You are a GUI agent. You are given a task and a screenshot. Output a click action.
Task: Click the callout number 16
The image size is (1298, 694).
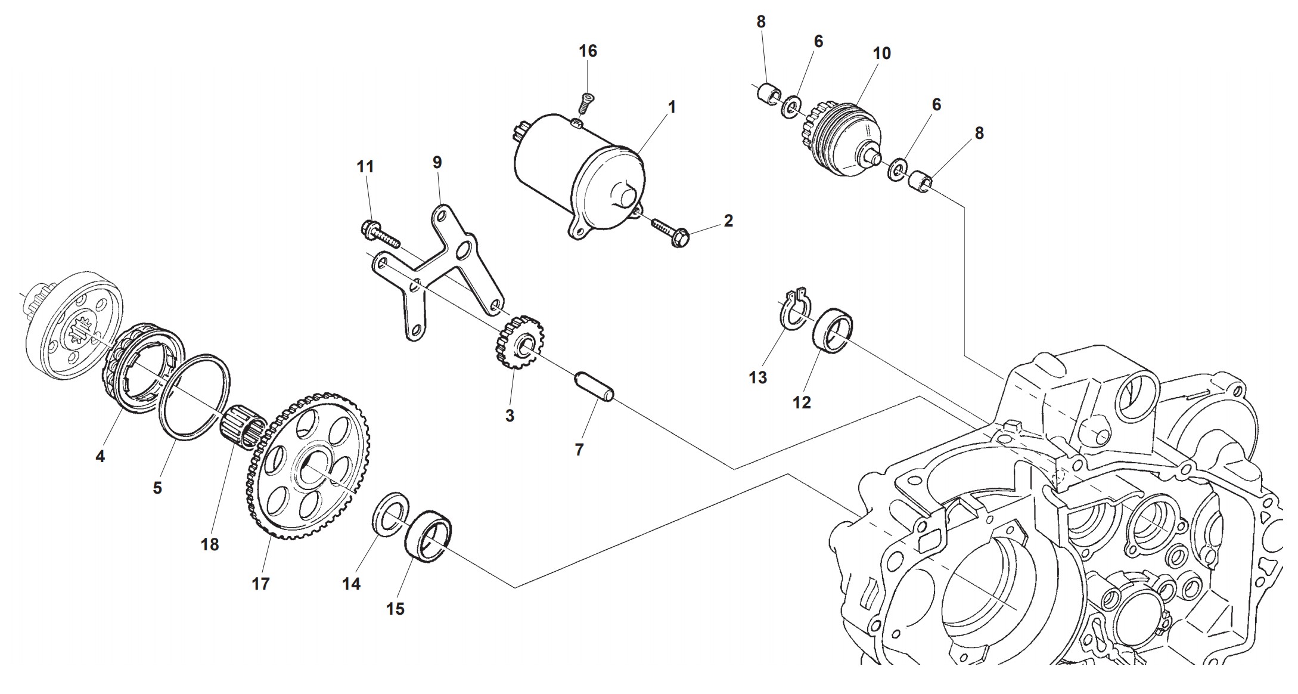tap(588, 51)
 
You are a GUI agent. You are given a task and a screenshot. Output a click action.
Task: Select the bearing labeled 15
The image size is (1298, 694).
tap(428, 535)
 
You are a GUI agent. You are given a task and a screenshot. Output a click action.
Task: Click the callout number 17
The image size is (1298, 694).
tap(260, 584)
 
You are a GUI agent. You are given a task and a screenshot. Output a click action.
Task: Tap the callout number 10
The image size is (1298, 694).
tap(881, 53)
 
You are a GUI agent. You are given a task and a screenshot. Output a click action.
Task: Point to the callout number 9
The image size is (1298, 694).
tap(437, 162)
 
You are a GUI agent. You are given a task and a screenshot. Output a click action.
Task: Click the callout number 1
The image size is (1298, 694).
tap(672, 107)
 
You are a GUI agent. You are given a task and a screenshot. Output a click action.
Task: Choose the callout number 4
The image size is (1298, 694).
tap(100, 457)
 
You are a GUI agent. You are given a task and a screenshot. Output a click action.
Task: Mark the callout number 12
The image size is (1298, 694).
tap(802, 402)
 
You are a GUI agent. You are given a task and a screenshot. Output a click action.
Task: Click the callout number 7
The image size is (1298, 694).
tap(579, 450)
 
